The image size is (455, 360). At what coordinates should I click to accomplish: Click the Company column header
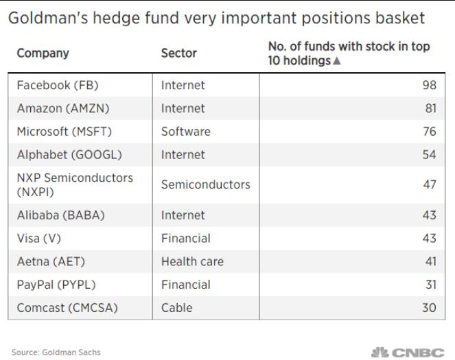pyautogui.click(x=43, y=53)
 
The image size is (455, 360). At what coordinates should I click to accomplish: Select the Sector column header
pyautogui.click(x=178, y=53)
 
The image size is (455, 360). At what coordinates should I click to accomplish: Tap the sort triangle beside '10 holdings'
pyautogui.click(x=336, y=60)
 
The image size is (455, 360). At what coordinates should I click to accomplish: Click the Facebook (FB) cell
pyautogui.click(x=58, y=85)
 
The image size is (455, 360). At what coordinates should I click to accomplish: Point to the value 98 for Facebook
pyautogui.click(x=429, y=85)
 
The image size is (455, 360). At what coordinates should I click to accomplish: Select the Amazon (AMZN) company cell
pyautogui.click(x=63, y=108)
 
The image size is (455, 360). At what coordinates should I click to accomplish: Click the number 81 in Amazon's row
pyautogui.click(x=430, y=108)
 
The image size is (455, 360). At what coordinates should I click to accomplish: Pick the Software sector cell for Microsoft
pyautogui.click(x=186, y=132)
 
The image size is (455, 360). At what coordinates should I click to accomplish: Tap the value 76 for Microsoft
pyautogui.click(x=430, y=132)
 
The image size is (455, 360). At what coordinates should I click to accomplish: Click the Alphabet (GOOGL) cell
pyautogui.click(x=69, y=155)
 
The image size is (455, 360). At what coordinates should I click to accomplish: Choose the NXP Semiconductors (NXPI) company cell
pyautogui.click(x=75, y=184)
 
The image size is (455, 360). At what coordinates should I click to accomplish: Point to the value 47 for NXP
pyautogui.click(x=430, y=184)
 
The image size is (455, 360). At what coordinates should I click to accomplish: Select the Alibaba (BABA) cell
pyautogui.click(x=60, y=215)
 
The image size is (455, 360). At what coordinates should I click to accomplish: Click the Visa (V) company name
pyautogui.click(x=39, y=239)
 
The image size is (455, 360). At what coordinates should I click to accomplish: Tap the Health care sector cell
pyautogui.click(x=192, y=262)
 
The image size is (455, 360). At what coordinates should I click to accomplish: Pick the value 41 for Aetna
pyautogui.click(x=430, y=262)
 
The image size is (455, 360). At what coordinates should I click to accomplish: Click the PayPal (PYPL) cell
pyautogui.click(x=56, y=285)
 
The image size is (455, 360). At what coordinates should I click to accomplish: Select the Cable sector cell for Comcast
pyautogui.click(x=177, y=308)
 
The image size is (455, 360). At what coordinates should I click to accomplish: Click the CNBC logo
pyautogui.click(x=408, y=352)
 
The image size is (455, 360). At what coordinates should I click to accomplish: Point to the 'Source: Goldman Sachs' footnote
pyautogui.click(x=56, y=352)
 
